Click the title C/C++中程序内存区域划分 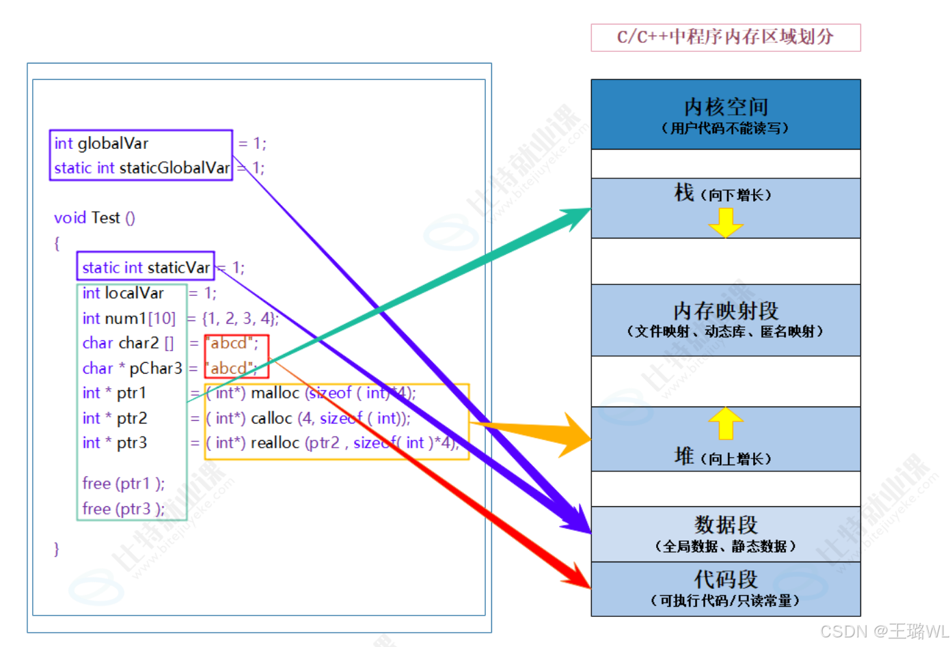click(x=725, y=37)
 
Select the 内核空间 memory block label click(x=725, y=107)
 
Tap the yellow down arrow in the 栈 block click(x=725, y=223)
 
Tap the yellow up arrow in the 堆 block click(x=725, y=424)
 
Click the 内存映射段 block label click(x=725, y=312)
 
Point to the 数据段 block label click(x=725, y=525)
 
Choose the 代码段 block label click(x=725, y=579)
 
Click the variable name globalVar click(x=113, y=143)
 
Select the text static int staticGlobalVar click(x=141, y=168)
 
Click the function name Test click(x=105, y=218)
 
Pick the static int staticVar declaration click(x=146, y=268)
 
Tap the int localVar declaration click(x=123, y=293)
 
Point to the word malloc click(x=275, y=393)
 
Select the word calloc click(x=271, y=418)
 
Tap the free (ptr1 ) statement click(x=123, y=484)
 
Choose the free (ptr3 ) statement click(x=123, y=509)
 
